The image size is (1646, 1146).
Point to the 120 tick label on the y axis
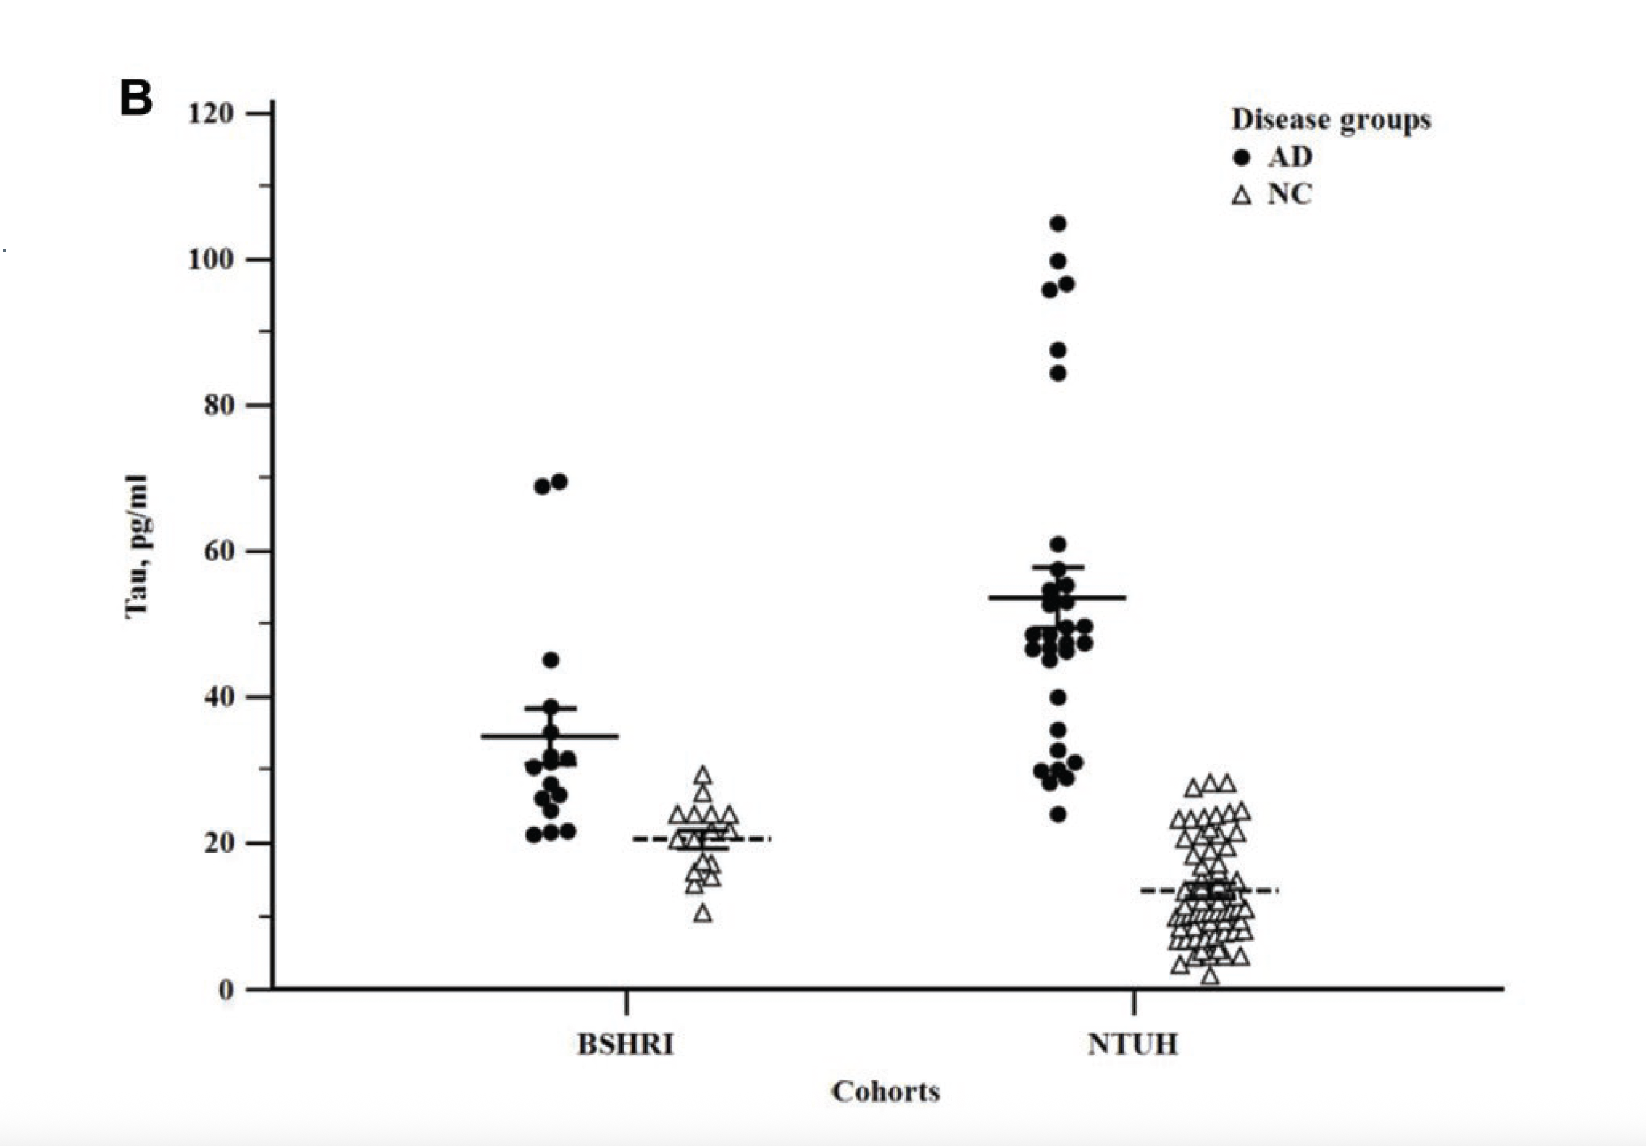click(x=211, y=114)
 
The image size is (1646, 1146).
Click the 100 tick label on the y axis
click(x=211, y=259)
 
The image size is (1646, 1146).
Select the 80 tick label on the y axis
click(x=219, y=405)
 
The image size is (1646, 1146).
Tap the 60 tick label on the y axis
click(x=219, y=551)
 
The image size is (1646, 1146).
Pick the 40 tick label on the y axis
click(x=219, y=698)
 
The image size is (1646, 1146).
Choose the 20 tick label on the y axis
click(x=219, y=843)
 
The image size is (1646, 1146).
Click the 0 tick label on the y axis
click(x=227, y=990)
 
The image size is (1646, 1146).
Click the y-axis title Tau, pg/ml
click(x=137, y=547)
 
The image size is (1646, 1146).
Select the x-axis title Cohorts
click(x=885, y=1092)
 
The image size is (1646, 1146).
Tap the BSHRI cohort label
click(x=626, y=1045)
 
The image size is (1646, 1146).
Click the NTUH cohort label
click(x=1133, y=1045)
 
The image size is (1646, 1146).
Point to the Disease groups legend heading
click(x=1332, y=120)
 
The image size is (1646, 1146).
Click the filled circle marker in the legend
click(x=1242, y=157)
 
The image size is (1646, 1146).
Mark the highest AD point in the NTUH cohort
click(x=1058, y=224)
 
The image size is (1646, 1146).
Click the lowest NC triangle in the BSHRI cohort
click(x=702, y=914)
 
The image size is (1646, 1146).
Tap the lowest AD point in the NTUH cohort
click(x=1058, y=815)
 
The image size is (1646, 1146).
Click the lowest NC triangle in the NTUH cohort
click(x=1211, y=977)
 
